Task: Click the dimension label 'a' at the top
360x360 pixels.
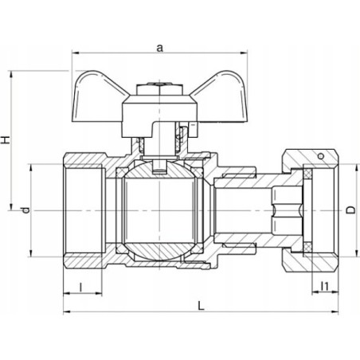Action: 159,48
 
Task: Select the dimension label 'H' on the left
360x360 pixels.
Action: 6,139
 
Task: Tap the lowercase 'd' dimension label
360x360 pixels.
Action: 25,210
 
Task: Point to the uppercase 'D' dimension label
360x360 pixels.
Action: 350,209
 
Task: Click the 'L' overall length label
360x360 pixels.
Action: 202,305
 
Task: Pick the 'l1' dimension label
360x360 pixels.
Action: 324,286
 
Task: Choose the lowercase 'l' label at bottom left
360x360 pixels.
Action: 80,287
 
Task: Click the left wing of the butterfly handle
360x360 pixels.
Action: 98,98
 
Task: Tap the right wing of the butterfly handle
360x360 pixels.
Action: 221,98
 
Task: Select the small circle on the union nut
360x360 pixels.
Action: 321,156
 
